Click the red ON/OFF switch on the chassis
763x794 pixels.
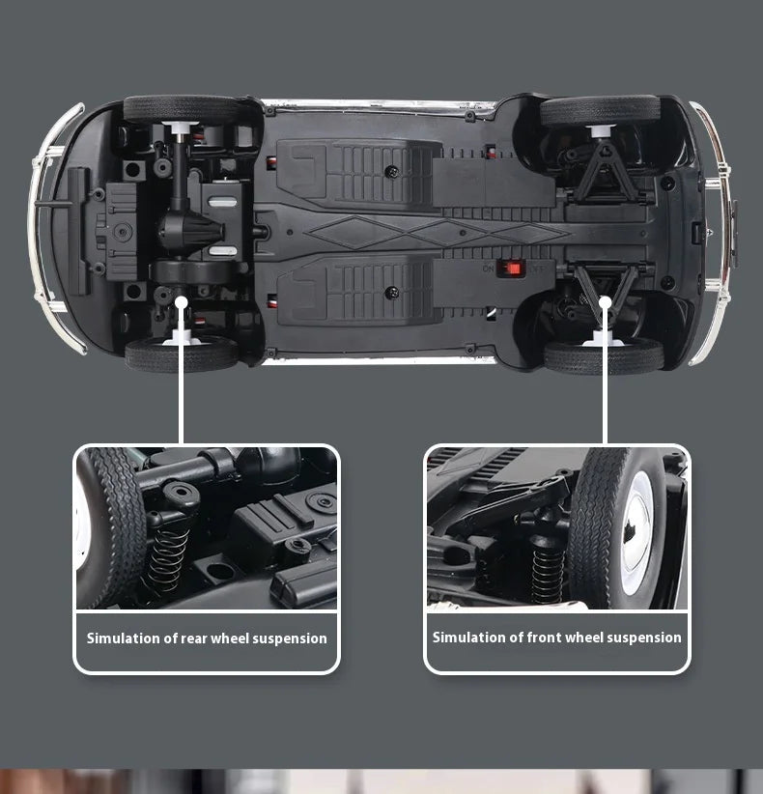(x=511, y=268)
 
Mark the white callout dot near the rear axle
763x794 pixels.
(x=182, y=300)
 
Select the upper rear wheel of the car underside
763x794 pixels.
(x=181, y=108)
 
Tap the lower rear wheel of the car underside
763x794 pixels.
(x=181, y=354)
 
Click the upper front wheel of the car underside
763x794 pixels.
(x=600, y=110)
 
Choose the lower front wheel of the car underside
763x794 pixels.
(x=604, y=356)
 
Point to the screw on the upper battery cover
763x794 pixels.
(x=390, y=171)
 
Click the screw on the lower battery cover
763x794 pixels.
(x=390, y=292)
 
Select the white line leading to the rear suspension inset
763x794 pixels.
(x=182, y=377)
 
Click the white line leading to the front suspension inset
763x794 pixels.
(x=605, y=377)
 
